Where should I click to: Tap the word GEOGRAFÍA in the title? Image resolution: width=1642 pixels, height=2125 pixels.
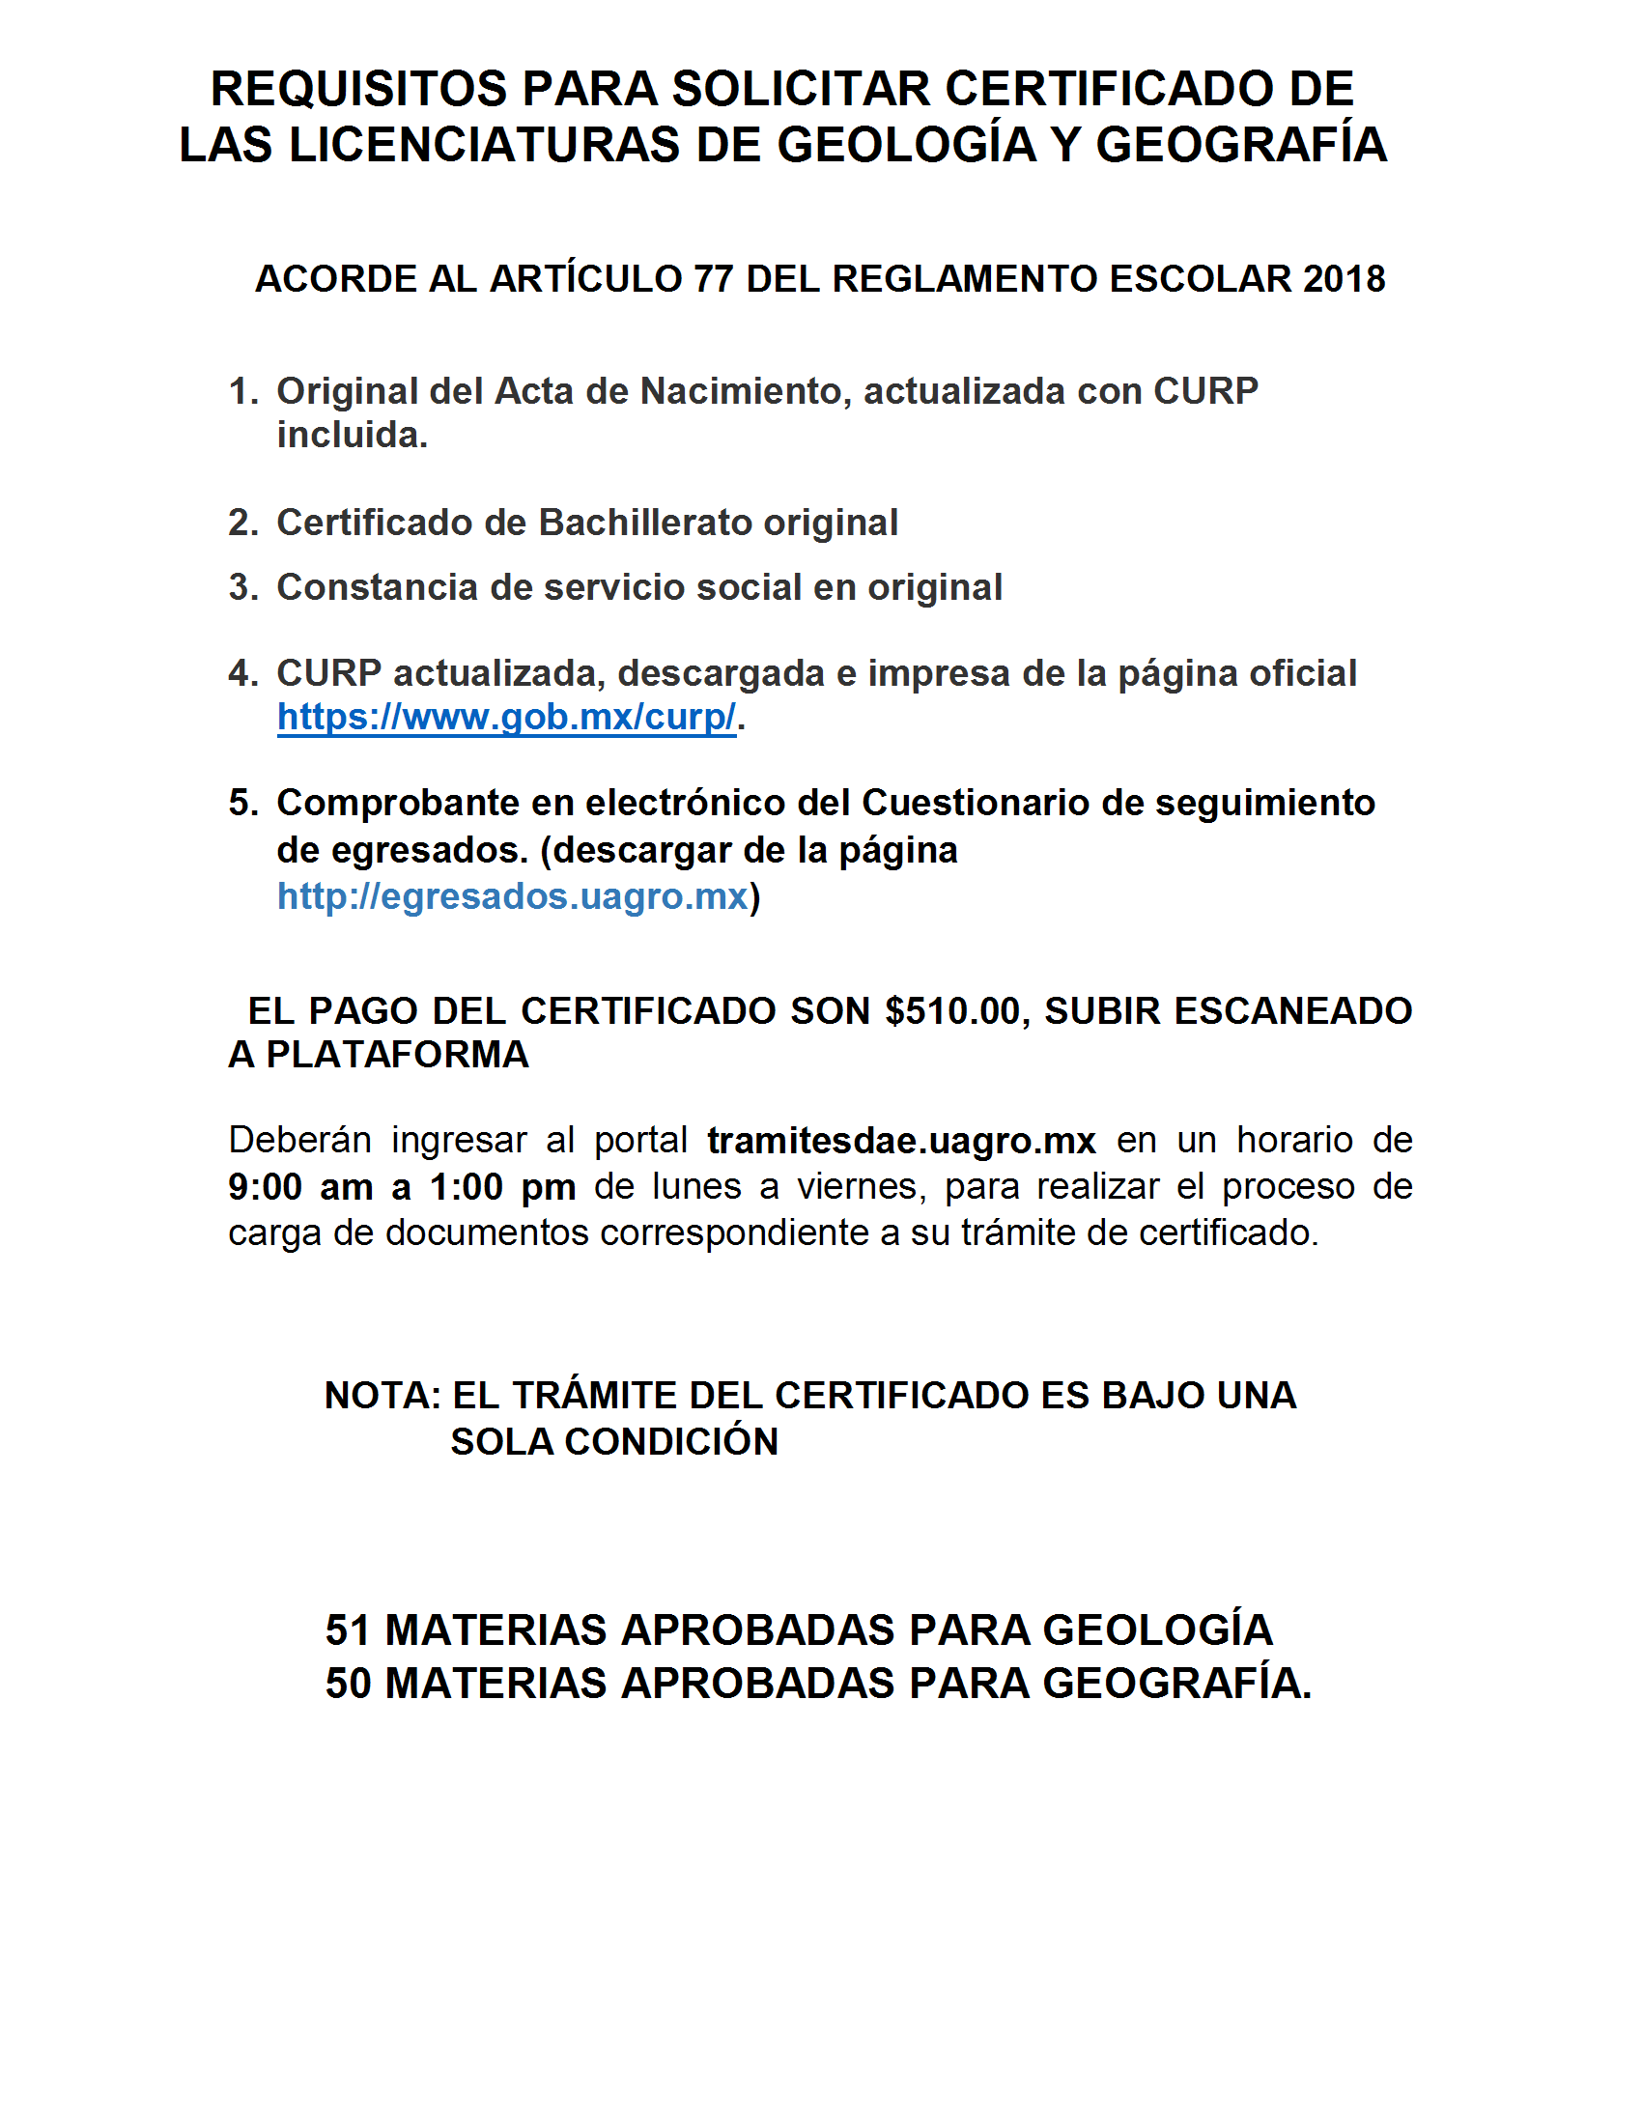[x=1240, y=146]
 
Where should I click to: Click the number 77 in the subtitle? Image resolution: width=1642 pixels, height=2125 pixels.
[x=713, y=279]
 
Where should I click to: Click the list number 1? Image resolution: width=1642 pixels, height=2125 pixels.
[x=241, y=392]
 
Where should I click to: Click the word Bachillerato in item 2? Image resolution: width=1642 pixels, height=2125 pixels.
[x=645, y=524]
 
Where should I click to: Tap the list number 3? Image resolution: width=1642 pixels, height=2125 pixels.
[x=241, y=587]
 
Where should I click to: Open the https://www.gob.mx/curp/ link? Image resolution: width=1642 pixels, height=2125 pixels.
[x=507, y=718]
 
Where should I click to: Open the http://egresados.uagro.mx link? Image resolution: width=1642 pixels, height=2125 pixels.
[x=513, y=896]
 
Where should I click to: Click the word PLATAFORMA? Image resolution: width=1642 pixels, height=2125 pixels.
[x=398, y=1056]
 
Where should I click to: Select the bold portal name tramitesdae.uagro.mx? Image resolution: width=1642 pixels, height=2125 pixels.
[x=902, y=1141]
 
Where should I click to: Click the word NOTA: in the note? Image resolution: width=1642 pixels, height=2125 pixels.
[x=382, y=1397]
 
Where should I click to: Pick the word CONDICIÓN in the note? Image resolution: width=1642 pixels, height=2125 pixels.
[x=671, y=1442]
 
